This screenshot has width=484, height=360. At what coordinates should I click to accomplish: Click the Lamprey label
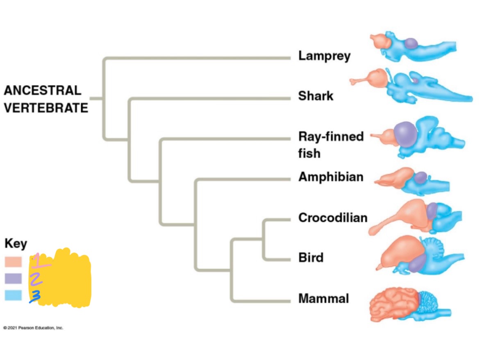(324, 56)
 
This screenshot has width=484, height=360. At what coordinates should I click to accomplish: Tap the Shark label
(316, 96)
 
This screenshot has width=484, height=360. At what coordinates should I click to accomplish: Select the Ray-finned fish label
(330, 144)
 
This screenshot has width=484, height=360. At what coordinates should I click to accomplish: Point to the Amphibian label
(331, 177)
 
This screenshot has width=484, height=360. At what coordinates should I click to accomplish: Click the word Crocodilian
(332, 217)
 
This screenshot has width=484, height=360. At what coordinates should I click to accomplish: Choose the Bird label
(311, 258)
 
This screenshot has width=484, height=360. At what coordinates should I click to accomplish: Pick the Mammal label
(323, 299)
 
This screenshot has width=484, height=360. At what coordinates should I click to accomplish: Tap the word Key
(16, 244)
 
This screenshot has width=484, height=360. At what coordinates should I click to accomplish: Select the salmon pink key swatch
(13, 261)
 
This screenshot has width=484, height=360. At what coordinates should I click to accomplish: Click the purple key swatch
(13, 278)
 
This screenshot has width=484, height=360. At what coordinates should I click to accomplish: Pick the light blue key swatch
(13, 295)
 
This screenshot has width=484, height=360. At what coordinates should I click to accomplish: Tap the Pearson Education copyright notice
(33, 328)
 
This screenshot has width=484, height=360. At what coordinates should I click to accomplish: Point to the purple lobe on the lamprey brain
(411, 43)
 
